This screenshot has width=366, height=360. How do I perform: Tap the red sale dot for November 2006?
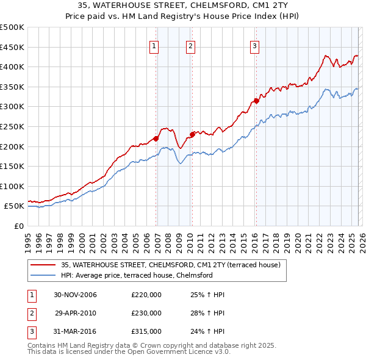coord(156,139)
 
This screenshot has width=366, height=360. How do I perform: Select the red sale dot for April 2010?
coord(192,134)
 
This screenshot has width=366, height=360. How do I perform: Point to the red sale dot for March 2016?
coord(256,101)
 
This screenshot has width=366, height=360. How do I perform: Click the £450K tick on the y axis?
coord(12,48)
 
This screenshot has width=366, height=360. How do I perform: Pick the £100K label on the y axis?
coord(12,186)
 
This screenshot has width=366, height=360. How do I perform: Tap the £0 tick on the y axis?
coord(18,226)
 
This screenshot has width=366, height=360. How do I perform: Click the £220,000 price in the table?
coord(146,295)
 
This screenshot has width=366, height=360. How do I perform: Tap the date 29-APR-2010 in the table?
coord(76,313)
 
